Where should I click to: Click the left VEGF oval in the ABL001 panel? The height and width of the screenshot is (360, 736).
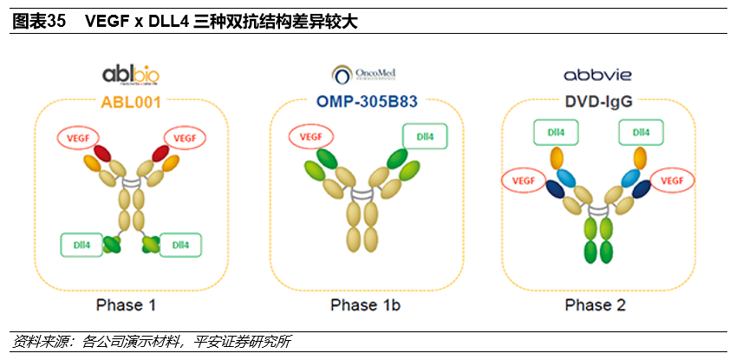click(x=79, y=137)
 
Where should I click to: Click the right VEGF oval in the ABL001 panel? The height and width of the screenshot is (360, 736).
click(x=185, y=137)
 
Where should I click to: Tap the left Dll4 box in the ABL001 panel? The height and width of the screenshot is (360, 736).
click(x=81, y=245)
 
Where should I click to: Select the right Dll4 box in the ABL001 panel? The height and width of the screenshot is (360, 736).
click(x=180, y=245)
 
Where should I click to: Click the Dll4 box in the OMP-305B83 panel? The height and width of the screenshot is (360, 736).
click(x=422, y=136)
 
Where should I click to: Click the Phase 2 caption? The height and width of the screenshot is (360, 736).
click(x=595, y=304)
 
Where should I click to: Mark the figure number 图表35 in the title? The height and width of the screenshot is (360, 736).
click(x=39, y=22)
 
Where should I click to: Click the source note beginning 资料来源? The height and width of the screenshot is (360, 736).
click(x=151, y=341)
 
